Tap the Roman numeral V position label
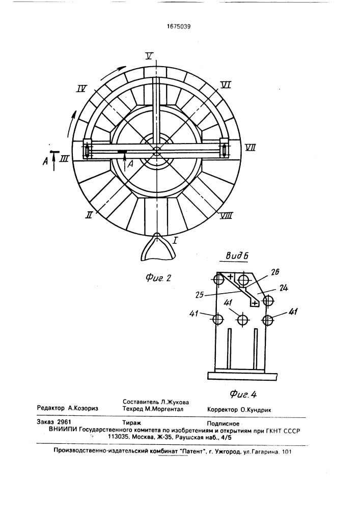click(149, 56)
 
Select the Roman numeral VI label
click(225, 84)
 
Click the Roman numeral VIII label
click(226, 215)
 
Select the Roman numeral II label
click(89, 214)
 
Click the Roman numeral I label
click(175, 241)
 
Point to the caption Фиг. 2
click(158, 277)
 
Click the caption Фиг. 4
click(243, 394)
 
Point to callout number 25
click(200, 295)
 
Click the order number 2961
click(64, 422)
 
